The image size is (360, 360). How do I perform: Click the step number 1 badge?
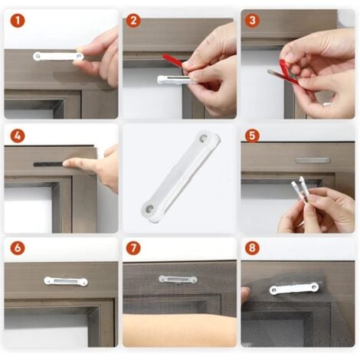(18, 21)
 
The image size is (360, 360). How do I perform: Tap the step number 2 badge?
(133, 21)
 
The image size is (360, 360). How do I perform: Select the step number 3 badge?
(252, 21)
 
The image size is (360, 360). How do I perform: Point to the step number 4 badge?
(18, 136)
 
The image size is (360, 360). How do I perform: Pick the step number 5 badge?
(252, 136)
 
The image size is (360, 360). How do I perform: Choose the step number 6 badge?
(18, 247)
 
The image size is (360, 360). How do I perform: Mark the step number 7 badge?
(133, 247)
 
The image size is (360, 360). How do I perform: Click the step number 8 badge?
(252, 247)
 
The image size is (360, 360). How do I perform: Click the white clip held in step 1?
(58, 57)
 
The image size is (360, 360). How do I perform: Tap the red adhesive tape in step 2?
(173, 61)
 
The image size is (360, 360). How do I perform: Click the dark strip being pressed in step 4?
(49, 164)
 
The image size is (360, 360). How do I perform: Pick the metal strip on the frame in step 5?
(313, 161)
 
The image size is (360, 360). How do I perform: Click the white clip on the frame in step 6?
(66, 281)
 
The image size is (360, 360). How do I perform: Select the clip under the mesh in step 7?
(178, 280)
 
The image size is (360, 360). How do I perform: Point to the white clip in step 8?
(294, 289)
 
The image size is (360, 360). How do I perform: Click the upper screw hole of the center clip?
(204, 138)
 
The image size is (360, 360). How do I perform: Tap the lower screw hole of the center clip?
(148, 209)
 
